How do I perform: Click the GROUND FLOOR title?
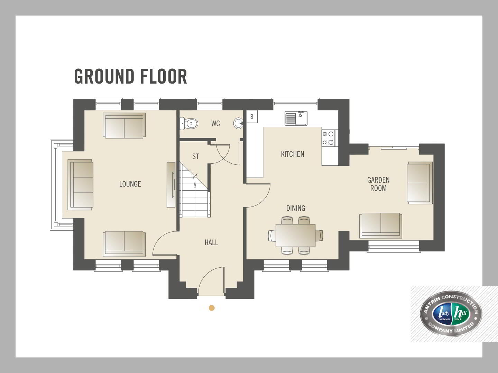[x=131, y=77]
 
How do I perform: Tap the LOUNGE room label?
[x=130, y=184]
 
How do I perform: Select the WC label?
[x=215, y=123]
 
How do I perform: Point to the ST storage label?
[x=196, y=156]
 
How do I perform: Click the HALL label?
[x=211, y=242]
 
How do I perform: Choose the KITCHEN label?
[x=293, y=154]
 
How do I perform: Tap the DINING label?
[x=296, y=208]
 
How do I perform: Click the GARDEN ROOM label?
[x=378, y=184]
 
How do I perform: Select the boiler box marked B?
[x=252, y=117]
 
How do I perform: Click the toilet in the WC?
[x=189, y=124]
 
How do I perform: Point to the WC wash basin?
[x=238, y=123]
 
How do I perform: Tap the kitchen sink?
[x=296, y=118]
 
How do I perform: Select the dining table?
[x=296, y=236]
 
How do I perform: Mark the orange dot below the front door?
[x=212, y=308]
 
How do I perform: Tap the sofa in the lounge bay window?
[x=81, y=185]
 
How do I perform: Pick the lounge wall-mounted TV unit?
[x=171, y=184]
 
